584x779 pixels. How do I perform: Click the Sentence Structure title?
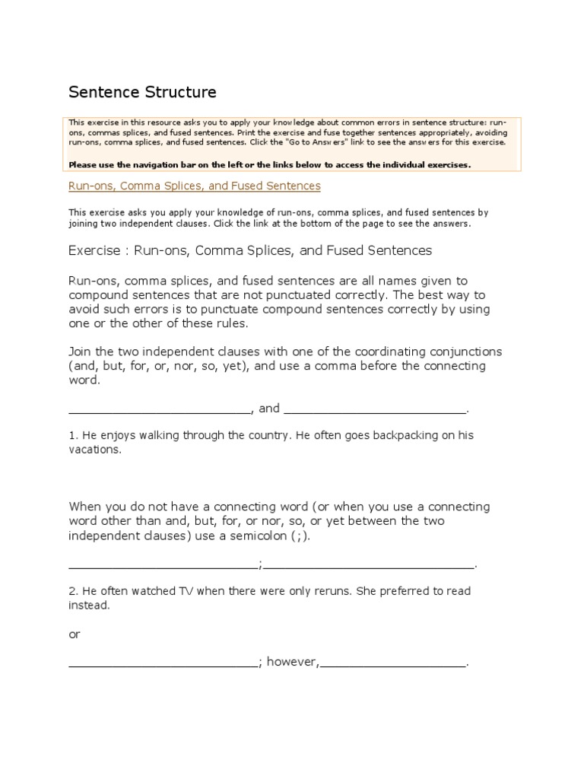142,92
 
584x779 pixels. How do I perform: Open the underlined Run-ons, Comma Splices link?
194,186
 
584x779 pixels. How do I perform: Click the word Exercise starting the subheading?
94,250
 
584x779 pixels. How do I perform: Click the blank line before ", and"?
159,409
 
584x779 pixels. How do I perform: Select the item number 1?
72,436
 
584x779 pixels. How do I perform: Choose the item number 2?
72,591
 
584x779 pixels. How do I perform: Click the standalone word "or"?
75,634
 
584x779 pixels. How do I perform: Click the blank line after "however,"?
392,663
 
